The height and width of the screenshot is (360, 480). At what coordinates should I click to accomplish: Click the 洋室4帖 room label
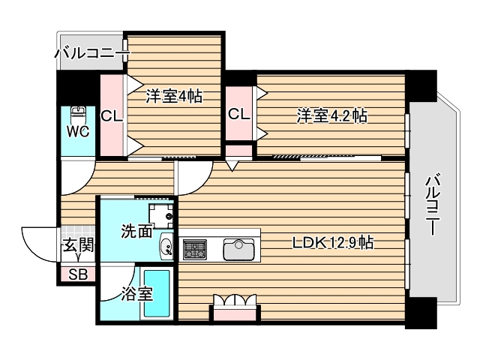coord(173,96)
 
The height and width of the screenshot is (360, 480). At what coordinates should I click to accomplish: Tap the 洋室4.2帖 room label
coord(331,115)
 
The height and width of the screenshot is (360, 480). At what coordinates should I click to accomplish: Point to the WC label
coord(78,132)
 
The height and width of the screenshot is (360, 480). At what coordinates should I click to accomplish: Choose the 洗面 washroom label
coord(136,232)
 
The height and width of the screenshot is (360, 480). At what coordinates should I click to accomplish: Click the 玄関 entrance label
coord(77,244)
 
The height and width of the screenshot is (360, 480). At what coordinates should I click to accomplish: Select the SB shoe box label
coord(77,274)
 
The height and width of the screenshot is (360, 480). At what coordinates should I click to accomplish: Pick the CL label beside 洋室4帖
coord(112,116)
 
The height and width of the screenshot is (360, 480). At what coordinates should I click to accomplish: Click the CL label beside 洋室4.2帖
coord(239,115)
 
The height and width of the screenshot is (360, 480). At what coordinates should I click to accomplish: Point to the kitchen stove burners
coord(195,249)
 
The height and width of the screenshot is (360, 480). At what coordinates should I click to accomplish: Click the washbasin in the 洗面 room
coord(166,246)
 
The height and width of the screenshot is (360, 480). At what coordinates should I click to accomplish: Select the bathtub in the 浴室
coord(158,293)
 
